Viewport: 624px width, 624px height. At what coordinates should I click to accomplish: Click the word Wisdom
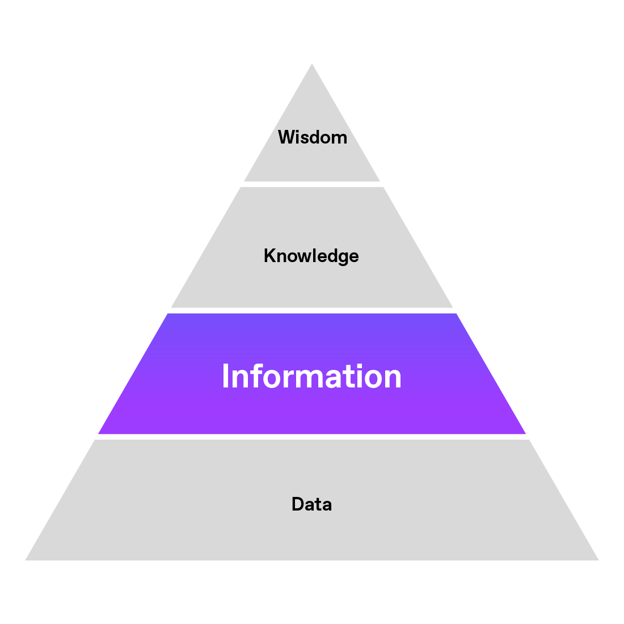tap(312, 137)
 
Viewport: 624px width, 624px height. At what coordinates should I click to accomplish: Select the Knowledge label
tap(311, 256)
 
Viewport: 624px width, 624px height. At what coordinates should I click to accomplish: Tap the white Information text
tap(311, 376)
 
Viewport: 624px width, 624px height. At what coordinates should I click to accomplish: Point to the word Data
tap(311, 504)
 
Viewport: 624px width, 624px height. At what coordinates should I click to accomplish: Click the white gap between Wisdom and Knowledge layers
tap(312, 184)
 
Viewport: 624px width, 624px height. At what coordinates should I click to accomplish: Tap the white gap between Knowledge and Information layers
tap(312, 310)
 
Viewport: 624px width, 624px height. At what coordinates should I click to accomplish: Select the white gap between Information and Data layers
tap(312, 437)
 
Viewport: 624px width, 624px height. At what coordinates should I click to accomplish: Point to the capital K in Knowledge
tap(269, 256)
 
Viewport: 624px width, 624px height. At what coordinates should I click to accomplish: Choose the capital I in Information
tap(225, 376)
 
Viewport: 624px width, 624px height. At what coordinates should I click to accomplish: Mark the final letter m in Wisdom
tap(339, 138)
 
